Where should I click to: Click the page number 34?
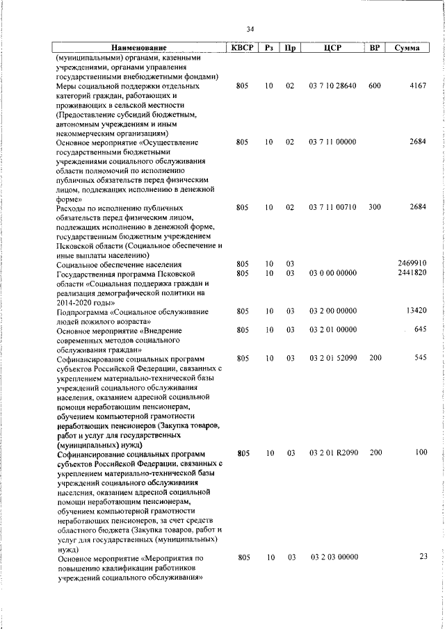[250, 28]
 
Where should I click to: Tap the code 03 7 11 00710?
[332, 208]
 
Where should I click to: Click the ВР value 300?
[375, 208]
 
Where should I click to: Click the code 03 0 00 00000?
[332, 273]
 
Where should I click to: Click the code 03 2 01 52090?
[332, 358]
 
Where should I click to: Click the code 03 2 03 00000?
[332, 557]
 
